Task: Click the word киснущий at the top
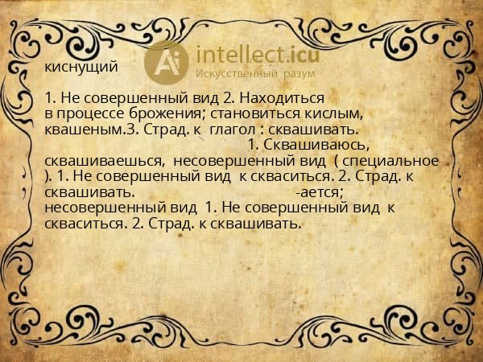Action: tap(81, 67)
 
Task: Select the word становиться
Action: tap(255, 113)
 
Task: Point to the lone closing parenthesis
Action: tap(48, 175)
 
